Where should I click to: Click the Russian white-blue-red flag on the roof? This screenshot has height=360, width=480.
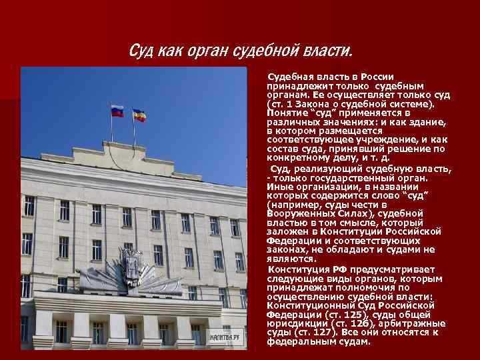117,111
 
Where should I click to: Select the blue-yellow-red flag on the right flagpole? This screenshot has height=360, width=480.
139,114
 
